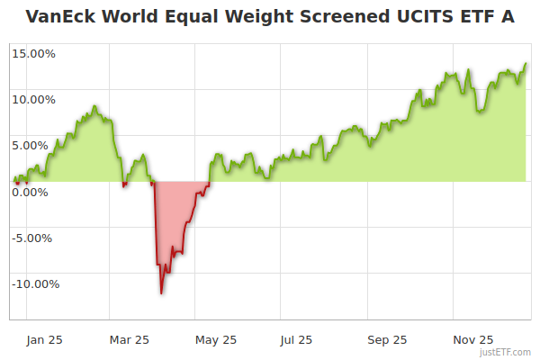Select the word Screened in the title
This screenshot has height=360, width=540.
click(337, 17)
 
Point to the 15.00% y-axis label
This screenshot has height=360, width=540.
click(34, 53)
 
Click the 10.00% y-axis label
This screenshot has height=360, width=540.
click(34, 99)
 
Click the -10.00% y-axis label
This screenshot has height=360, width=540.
click(33, 284)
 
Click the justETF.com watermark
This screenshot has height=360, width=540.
click(506, 352)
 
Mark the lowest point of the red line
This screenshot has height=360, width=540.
click(161, 292)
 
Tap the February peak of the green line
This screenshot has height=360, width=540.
click(94, 106)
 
